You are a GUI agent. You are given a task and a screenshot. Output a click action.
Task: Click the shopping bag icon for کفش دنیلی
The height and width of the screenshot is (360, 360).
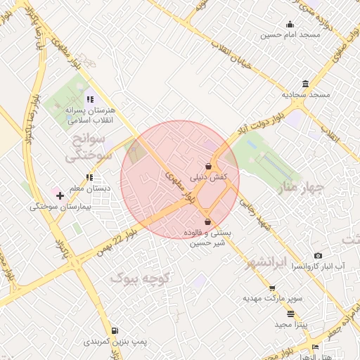tap(208, 167)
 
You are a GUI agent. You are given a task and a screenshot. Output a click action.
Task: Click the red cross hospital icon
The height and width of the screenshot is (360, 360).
tap(60, 195)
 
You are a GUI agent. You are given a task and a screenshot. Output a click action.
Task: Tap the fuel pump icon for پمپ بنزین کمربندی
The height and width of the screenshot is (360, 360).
tap(115, 330)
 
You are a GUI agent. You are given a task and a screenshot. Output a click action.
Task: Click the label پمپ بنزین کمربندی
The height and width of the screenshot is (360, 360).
tap(116, 342)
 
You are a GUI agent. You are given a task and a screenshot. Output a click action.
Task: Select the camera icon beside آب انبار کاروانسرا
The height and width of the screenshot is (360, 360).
tap(318, 255)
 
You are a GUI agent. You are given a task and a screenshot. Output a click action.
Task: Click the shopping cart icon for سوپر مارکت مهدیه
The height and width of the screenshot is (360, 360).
tap(272, 288)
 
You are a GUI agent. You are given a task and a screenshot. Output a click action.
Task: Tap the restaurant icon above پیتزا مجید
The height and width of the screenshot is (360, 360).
tap(290, 314)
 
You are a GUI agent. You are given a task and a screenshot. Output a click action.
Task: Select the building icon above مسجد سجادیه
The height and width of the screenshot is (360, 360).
tap(305, 84)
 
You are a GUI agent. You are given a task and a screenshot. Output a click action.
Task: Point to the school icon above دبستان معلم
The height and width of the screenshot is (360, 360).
tap(89, 177)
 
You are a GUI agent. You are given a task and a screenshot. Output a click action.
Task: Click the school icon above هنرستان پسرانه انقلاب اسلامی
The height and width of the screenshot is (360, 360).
tap(89, 98)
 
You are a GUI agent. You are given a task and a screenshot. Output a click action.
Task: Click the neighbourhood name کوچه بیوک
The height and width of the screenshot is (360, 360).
tap(141, 278)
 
